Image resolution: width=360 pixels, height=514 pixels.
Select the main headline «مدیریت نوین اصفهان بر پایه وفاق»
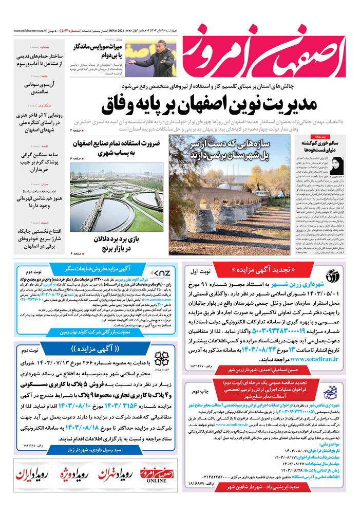pos(211,105)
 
